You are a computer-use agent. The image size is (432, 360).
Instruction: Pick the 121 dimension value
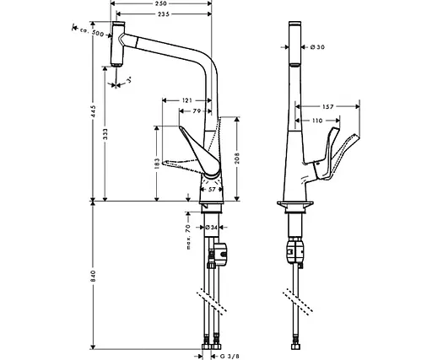tap(187, 101)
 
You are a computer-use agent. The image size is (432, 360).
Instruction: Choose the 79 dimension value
tap(197, 111)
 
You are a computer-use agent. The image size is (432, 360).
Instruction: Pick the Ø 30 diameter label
tap(317, 46)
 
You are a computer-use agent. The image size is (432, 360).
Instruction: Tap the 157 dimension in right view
tap(331, 106)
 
